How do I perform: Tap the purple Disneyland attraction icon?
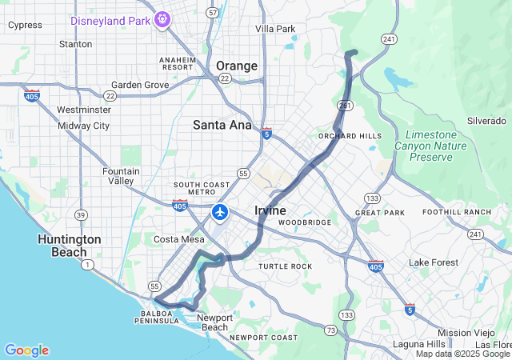[x=162, y=18]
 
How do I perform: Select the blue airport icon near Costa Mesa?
[x=220, y=213]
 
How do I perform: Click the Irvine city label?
[x=270, y=210]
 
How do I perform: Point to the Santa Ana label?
[x=222, y=124]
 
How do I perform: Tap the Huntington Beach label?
[x=70, y=245]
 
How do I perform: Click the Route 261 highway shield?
[x=344, y=105]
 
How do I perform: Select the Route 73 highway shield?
[x=330, y=330]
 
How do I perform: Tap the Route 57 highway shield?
[x=212, y=13]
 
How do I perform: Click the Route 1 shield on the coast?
[x=86, y=264]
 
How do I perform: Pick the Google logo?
[x=26, y=350]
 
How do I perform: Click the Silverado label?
[x=486, y=121]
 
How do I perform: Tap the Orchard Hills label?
[x=350, y=136]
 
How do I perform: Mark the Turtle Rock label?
[x=285, y=266]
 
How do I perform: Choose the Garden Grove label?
[x=140, y=85]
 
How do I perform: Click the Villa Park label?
[x=275, y=29]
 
